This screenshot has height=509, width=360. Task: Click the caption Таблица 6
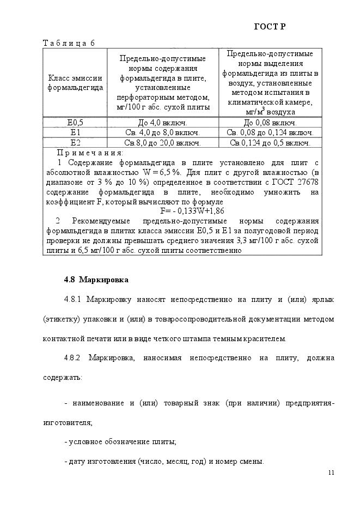69,44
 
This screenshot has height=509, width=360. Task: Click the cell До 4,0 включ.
162,123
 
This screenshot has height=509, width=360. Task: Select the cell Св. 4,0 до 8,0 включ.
162,132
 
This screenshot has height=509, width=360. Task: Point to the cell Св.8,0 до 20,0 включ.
162,143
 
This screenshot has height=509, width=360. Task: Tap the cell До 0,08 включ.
270,123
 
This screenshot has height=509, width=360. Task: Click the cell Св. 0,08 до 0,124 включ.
270,132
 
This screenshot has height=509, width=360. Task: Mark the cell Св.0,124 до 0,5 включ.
270,143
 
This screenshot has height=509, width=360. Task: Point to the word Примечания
90,153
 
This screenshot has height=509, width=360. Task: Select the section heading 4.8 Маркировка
96,280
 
